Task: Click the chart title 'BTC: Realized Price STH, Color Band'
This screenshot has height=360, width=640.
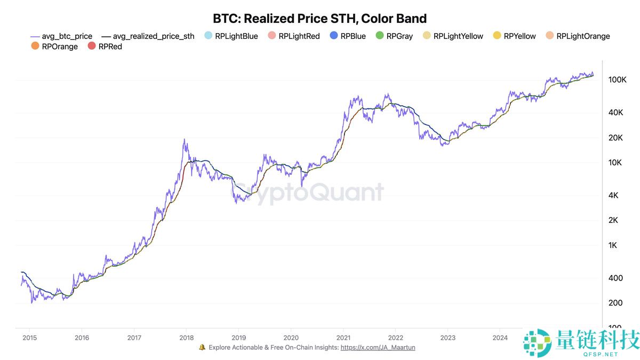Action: point(319,19)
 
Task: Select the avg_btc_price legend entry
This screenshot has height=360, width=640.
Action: point(61,36)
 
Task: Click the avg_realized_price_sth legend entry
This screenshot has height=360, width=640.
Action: point(148,36)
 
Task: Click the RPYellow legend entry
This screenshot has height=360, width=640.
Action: point(514,36)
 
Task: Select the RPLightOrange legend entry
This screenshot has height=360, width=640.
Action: point(577,36)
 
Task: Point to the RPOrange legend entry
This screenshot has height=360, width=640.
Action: point(54,46)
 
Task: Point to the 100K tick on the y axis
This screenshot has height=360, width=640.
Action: point(617,79)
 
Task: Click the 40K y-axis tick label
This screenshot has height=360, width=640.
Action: point(617,113)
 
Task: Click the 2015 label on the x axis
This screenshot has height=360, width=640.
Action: point(29,337)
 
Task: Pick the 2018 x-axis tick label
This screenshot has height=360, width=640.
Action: point(186,337)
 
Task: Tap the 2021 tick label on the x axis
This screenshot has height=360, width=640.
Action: point(343,337)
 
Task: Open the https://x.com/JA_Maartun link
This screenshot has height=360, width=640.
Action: point(378,347)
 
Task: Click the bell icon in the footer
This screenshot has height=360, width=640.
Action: point(202,347)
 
